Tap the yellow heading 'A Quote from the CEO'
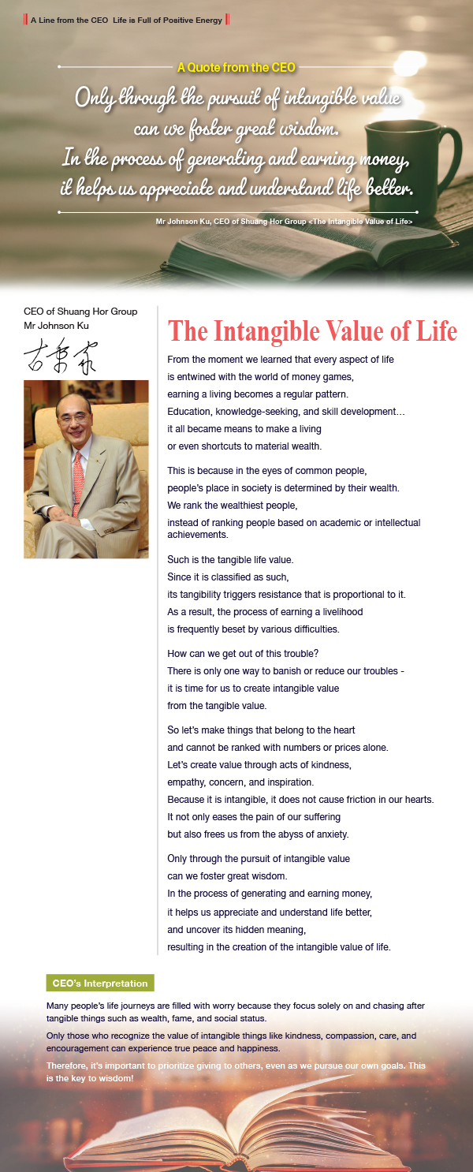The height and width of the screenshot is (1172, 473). coord(236,68)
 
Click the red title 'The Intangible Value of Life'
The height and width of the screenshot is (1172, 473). coord(312,331)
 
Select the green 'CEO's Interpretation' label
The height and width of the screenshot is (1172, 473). coord(100,983)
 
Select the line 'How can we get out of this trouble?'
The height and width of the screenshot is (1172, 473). coord(243,653)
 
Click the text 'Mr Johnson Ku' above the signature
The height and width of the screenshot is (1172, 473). coord(57,325)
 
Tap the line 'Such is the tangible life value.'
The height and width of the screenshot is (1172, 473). coord(230,559)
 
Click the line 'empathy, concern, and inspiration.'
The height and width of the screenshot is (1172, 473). coord(240,782)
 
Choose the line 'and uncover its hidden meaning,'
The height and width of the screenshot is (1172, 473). coord(236,930)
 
